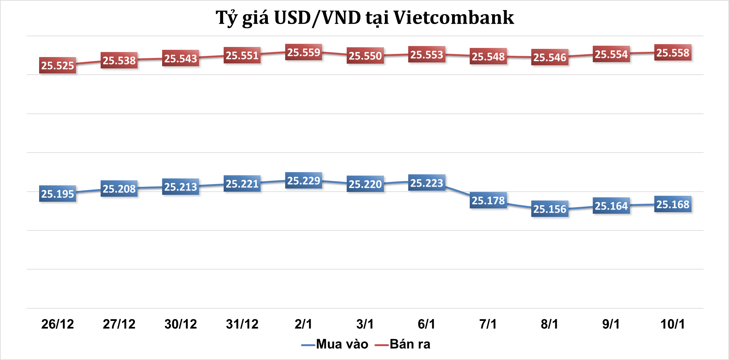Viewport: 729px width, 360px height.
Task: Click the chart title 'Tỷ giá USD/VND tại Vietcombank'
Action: [365, 18]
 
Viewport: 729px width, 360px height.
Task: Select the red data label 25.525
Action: [57, 66]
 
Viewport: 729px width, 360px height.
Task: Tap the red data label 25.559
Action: [303, 52]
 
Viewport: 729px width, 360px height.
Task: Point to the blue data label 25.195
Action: [57, 194]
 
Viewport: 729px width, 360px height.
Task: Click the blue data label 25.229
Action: [303, 181]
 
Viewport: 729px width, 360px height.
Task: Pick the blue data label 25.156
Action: [550, 209]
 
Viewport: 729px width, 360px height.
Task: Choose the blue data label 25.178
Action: [488, 200]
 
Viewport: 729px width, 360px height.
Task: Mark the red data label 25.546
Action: [550, 57]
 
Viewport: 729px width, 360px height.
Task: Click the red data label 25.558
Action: [673, 53]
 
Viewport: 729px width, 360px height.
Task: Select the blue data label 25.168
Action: [673, 205]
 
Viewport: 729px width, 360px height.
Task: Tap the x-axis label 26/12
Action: [57, 324]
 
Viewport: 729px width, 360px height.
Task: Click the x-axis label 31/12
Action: [242, 324]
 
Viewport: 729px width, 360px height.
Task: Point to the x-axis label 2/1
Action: [303, 324]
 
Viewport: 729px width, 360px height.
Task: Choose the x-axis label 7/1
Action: [488, 324]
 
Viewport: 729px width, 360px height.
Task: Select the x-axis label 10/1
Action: [673, 324]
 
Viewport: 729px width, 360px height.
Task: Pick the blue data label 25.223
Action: [426, 183]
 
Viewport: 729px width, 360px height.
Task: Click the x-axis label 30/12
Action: [180, 324]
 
